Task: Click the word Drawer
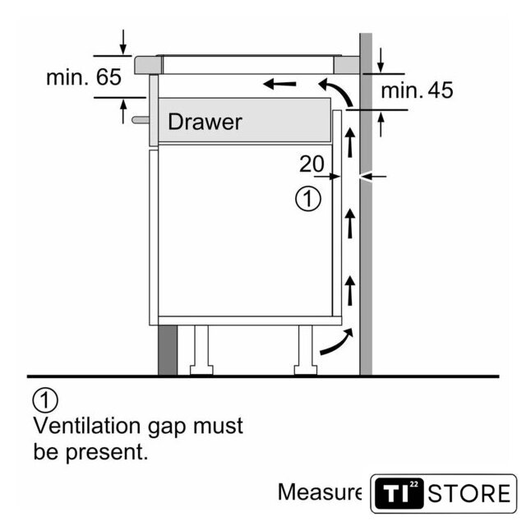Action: tap(205, 122)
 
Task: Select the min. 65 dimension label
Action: tap(83, 78)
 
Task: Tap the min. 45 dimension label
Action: tap(417, 90)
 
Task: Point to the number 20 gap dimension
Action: tap(311, 164)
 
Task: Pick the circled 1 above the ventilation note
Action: tap(46, 401)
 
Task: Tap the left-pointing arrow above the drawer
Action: tap(279, 82)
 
